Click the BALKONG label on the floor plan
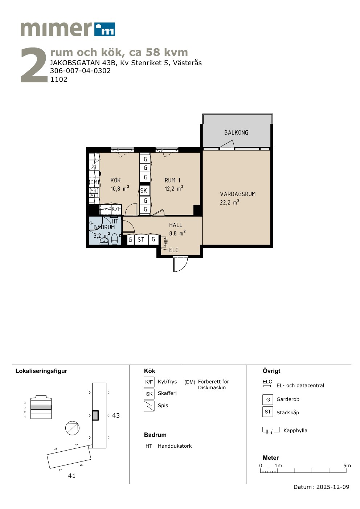236,132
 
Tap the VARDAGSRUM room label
238,194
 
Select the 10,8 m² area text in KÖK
120,188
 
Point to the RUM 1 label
172,180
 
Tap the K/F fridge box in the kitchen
116,209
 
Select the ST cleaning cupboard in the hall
141,239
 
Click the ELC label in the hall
173,250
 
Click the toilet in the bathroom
114,239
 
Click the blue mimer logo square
105,29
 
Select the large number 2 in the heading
34,65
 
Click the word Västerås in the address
187,63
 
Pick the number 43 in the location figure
116,416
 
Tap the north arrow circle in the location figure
72,428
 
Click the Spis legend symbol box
149,406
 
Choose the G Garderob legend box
268,400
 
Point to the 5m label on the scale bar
347,465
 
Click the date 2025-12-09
333,487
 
